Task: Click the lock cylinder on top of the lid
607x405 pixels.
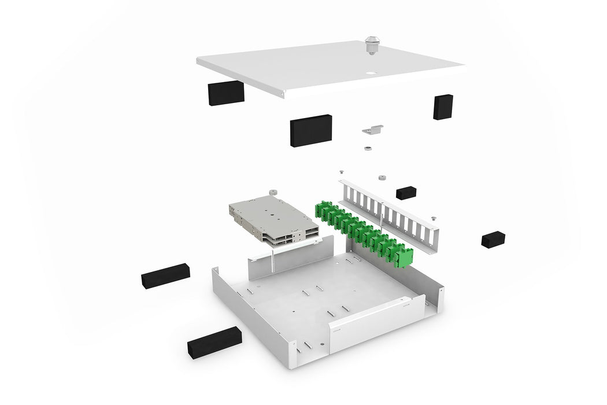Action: pos(371,46)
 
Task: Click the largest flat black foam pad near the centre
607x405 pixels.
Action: pos(311,130)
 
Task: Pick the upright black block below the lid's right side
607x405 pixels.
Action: pos(443,107)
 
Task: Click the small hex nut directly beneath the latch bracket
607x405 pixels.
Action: pos(367,148)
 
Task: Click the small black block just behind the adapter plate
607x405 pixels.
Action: pos(406,193)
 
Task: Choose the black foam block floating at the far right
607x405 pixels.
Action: pos(493,240)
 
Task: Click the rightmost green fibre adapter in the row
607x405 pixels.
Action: pos(406,256)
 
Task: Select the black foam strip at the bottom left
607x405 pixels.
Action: pos(214,341)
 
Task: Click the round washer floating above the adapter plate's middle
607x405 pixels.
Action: pos(382,176)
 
